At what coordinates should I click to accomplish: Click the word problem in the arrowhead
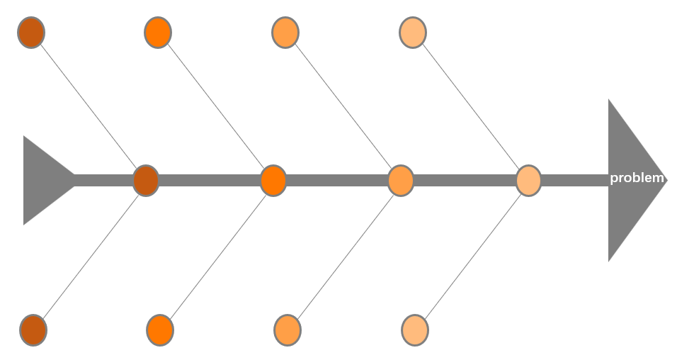637,178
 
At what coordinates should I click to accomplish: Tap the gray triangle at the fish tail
42,180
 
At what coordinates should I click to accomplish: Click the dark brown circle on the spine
146,180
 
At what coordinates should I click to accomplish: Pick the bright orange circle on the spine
273,180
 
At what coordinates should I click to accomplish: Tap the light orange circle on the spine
401,180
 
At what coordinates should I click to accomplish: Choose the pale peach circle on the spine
528,180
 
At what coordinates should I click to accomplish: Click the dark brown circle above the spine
31,33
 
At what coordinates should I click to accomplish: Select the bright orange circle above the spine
158,33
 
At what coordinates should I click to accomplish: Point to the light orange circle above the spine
285,33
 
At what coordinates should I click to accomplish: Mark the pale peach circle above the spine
413,33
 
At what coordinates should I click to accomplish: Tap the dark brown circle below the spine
33,330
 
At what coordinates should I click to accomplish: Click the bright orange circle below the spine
160,330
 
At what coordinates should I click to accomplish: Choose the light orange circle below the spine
288,330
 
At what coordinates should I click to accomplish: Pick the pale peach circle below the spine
415,330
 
